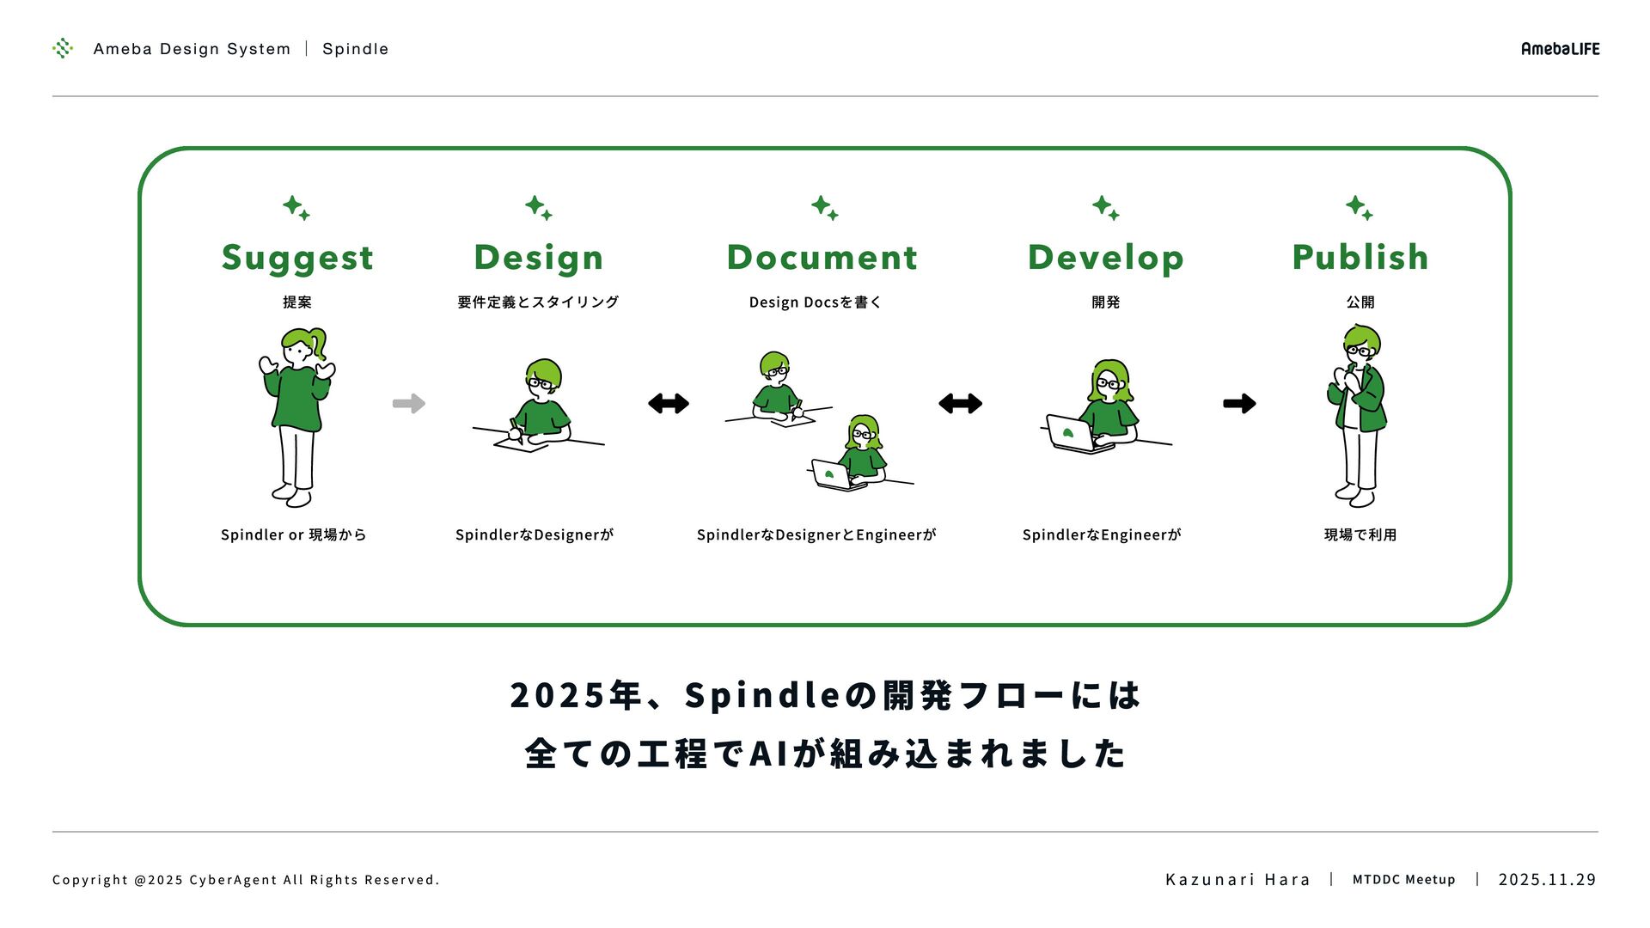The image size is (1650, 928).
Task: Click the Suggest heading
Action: coord(297,258)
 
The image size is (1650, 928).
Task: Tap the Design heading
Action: coord(539,257)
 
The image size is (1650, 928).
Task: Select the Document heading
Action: coord(822,257)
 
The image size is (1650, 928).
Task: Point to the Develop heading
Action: coord(1106,257)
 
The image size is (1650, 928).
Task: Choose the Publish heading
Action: coord(1360,257)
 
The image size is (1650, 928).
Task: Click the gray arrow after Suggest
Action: coord(409,403)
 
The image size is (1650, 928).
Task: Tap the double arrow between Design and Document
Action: coord(669,403)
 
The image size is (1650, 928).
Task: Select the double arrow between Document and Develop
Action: coord(960,403)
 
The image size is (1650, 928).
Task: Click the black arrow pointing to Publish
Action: coord(1239,403)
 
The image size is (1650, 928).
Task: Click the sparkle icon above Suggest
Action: coord(296,208)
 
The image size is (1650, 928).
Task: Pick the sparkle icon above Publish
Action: coord(1360,208)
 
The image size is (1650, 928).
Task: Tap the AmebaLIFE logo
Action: coord(1560,49)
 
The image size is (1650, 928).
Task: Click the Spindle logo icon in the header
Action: coord(63,48)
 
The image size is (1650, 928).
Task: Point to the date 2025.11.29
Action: coord(1547,879)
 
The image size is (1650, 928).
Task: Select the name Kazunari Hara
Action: coord(1237,879)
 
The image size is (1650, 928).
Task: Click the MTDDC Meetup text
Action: coord(1404,879)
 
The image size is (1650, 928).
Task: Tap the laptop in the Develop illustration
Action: coord(1071,433)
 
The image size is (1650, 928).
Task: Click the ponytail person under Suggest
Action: coord(297,417)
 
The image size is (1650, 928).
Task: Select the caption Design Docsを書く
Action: coord(815,302)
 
